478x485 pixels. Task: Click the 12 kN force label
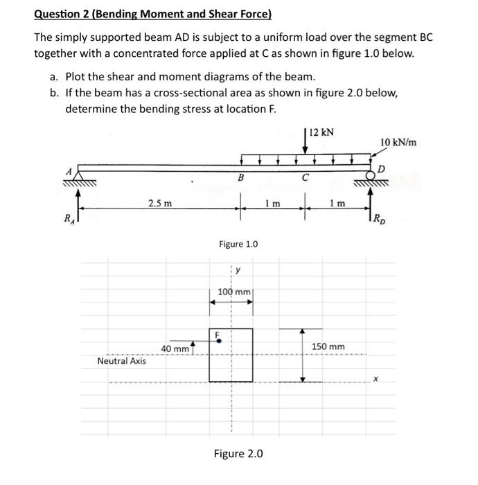tap(323, 132)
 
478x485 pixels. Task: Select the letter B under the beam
tap(240, 179)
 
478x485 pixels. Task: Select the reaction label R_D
tap(378, 222)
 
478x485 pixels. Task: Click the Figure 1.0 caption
tap(238, 244)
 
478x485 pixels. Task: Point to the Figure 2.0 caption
tap(238, 453)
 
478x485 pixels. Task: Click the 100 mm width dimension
tap(234, 292)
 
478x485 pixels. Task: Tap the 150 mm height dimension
tap(328, 346)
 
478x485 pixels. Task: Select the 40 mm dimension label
tap(175, 348)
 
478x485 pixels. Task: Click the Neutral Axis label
tap(122, 361)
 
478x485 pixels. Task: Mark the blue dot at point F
tap(218, 340)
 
